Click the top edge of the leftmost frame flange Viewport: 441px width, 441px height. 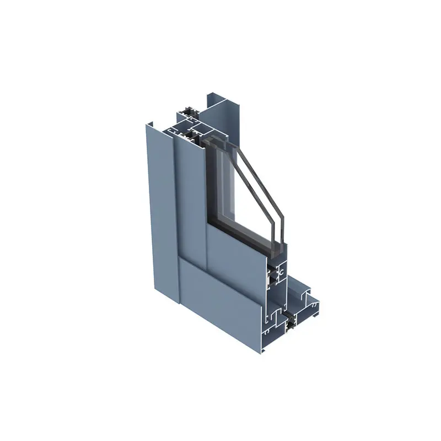click(152, 126)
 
